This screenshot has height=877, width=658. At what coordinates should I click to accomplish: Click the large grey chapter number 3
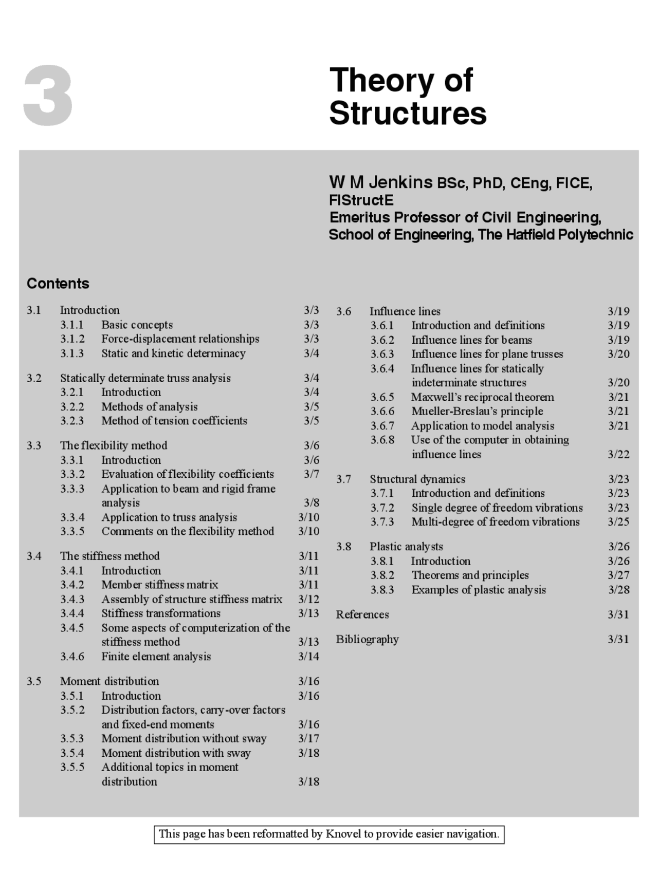point(48,96)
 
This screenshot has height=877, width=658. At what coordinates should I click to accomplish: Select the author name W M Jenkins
point(380,182)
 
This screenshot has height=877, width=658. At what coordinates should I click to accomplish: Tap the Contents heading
point(58,284)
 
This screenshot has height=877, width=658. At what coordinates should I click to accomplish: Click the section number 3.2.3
point(71,421)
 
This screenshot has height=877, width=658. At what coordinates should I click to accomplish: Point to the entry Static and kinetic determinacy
point(173,353)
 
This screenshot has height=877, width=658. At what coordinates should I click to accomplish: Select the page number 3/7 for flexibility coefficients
point(311,474)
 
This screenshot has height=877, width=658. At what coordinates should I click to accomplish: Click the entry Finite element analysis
point(156,657)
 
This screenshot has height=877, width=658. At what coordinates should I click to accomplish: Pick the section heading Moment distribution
point(109,681)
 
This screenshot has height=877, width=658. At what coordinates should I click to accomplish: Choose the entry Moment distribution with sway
point(176,753)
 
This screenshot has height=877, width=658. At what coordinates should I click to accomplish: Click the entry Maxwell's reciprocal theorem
point(482,397)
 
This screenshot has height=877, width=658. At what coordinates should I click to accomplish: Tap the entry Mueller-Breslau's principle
point(477,412)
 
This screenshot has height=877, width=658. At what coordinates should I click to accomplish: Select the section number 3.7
point(343,479)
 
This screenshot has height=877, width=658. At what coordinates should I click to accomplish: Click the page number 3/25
point(618,522)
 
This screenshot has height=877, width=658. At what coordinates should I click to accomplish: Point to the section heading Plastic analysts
point(406,547)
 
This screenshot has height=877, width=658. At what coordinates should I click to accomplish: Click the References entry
point(362,614)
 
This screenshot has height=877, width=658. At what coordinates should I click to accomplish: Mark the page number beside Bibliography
point(618,640)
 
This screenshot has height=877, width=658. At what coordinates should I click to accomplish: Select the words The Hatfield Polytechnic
point(555,235)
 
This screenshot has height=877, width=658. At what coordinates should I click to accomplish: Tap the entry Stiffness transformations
point(160,613)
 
